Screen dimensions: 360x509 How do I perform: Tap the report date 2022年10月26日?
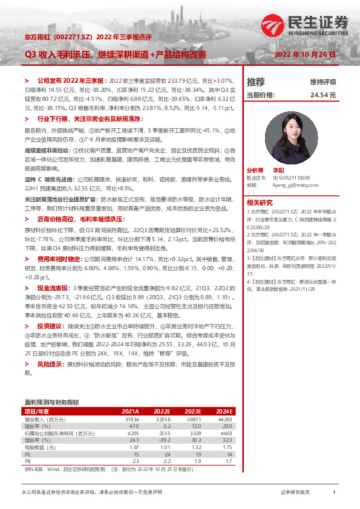coord(305,54)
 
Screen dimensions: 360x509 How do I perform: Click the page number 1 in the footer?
coord(334,493)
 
